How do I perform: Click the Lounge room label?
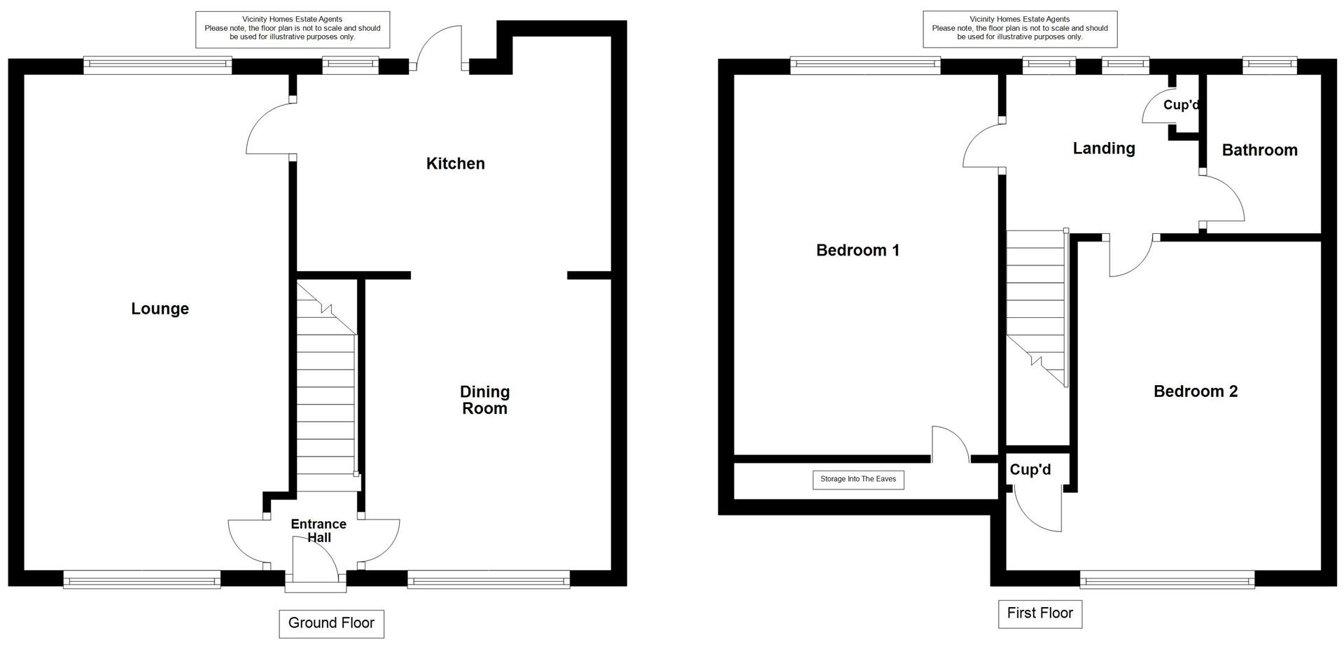coord(160,309)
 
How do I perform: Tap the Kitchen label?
coord(455,164)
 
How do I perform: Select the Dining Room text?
coord(484,401)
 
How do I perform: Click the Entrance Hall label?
coord(318,531)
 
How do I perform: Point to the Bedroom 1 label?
coord(857,251)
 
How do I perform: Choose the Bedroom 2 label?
coord(1195,391)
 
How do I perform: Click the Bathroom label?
coord(1259,150)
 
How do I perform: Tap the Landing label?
coord(1104,148)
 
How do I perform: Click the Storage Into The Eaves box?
coord(857,480)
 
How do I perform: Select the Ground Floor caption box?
coord(331,623)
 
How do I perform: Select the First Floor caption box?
coord(1039,613)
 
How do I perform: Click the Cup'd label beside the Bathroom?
coord(1181,105)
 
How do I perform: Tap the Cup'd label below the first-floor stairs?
coord(1030,470)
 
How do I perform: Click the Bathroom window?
coord(1269,66)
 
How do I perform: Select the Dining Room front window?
coord(489,579)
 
